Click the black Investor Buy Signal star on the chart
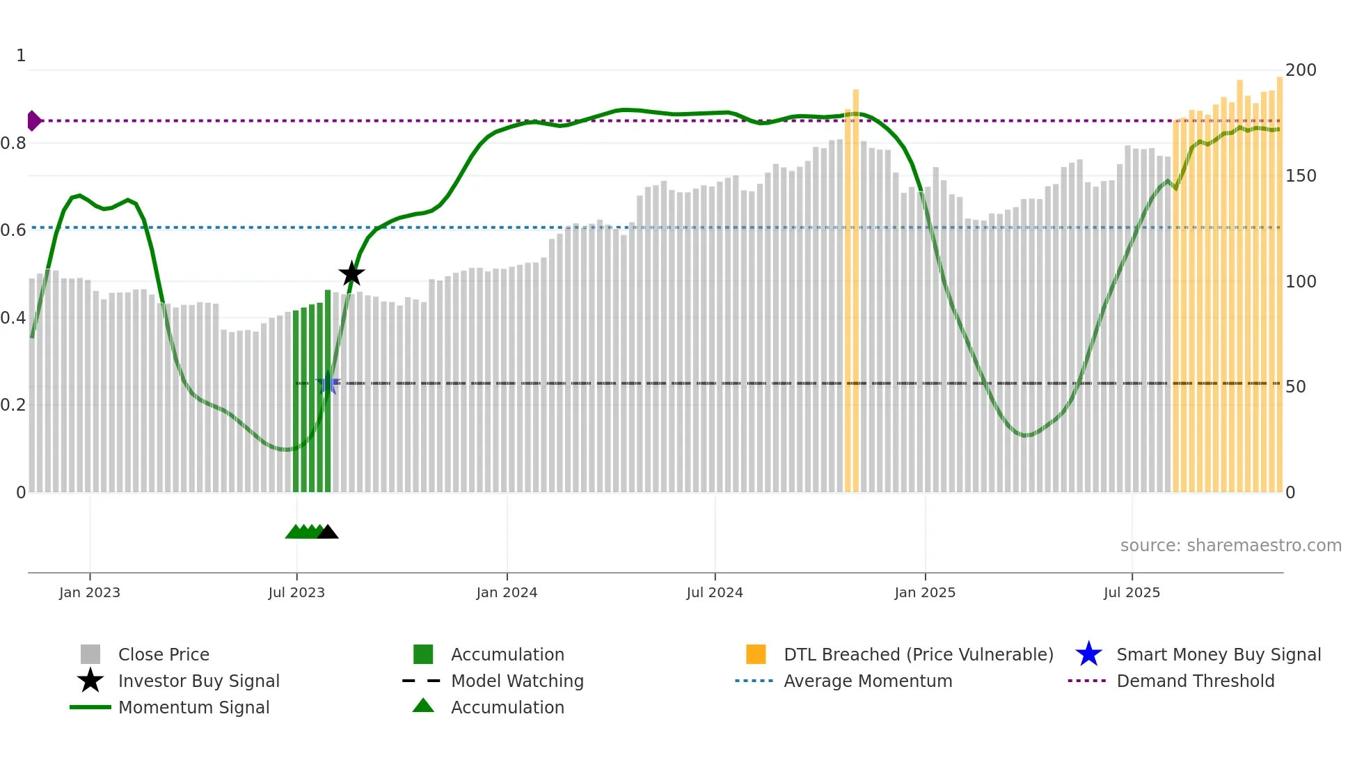click(351, 274)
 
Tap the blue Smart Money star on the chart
click(328, 383)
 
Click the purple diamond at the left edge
click(33, 120)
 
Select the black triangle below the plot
click(327, 532)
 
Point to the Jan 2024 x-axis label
click(507, 593)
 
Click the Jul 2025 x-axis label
click(1132, 593)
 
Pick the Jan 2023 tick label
click(90, 593)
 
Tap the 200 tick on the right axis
click(1301, 70)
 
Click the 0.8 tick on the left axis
click(13, 143)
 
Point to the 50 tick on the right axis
click(1296, 387)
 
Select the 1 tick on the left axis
click(21, 56)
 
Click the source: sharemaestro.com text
click(1230, 546)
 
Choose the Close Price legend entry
click(164, 655)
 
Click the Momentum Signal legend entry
click(193, 708)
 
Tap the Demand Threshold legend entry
click(1195, 681)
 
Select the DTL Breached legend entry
click(918, 655)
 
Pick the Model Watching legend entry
click(517, 681)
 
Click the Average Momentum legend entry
click(868, 681)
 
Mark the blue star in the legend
click(1088, 655)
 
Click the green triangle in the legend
click(423, 706)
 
